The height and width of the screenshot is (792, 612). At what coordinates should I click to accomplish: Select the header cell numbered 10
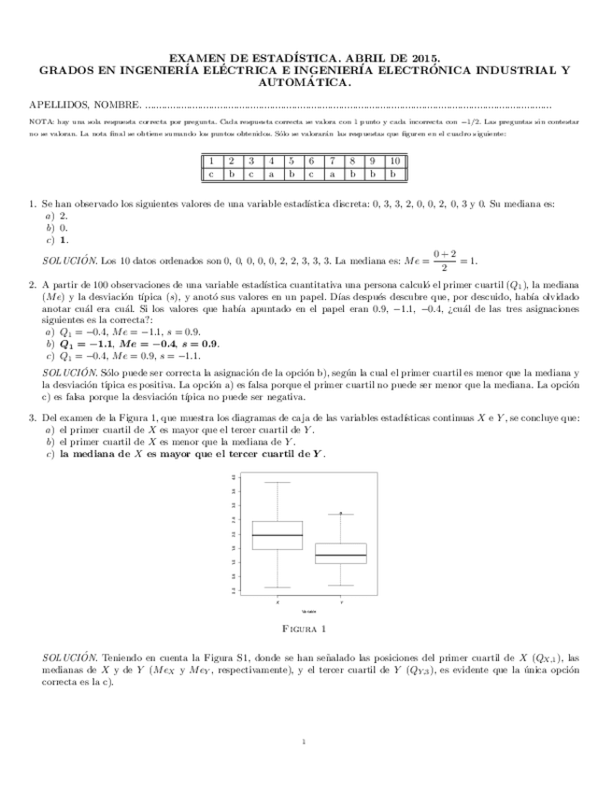pyautogui.click(x=394, y=161)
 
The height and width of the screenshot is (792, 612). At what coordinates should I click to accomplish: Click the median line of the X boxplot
pyautogui.click(x=278, y=535)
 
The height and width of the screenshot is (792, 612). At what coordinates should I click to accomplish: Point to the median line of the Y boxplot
pyautogui.click(x=340, y=555)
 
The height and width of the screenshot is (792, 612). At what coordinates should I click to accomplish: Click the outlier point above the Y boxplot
pyautogui.click(x=341, y=513)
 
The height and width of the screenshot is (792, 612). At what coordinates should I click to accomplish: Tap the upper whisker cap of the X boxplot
pyautogui.click(x=278, y=483)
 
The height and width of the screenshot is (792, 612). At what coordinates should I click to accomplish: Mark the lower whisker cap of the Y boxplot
pyautogui.click(x=340, y=586)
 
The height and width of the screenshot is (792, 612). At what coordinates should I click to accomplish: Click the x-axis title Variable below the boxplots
pyautogui.click(x=308, y=611)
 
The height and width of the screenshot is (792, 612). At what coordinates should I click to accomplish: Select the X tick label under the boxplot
pyautogui.click(x=278, y=601)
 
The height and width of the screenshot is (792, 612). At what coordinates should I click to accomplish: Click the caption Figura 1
pyautogui.click(x=306, y=628)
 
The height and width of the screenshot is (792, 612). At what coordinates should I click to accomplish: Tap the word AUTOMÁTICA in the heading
pyautogui.click(x=306, y=82)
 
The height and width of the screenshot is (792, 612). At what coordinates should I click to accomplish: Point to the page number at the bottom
pyautogui.click(x=306, y=742)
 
